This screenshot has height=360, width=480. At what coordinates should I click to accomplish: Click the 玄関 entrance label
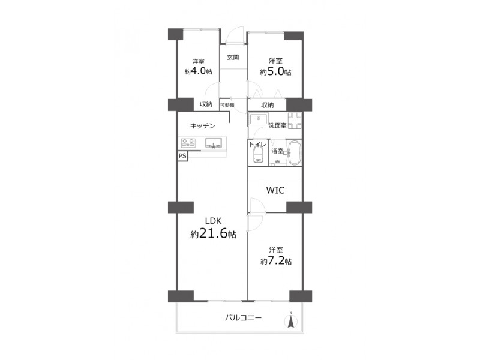pos(233,57)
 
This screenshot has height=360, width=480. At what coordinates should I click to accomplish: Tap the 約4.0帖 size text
pos(199,71)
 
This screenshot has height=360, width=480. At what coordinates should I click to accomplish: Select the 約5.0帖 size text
pos(275,72)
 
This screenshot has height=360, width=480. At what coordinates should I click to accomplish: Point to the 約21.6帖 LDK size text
pos(214,234)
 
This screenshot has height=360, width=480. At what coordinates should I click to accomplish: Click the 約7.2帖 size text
pos(276,261)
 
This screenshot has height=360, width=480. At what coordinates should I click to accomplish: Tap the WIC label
pos(275,190)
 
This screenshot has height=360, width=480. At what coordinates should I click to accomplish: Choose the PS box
pos(182,156)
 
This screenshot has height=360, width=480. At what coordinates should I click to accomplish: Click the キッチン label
pos(203,125)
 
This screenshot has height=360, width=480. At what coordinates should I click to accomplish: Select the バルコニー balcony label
pos(244,318)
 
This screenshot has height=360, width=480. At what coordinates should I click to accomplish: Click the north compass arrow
pos(291,320)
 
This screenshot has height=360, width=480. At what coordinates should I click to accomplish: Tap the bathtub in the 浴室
pos(294,153)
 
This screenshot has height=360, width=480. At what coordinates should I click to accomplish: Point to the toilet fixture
pos(259,155)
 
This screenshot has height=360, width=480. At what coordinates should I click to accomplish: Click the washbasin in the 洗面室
pos(259,119)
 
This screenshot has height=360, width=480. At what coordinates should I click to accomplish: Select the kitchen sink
pos(214,143)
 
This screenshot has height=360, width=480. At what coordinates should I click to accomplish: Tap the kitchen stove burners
pos(188,143)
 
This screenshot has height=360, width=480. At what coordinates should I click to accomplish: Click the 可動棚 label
pos(227,105)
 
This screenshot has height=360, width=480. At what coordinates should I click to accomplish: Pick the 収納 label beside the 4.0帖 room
pos(206,104)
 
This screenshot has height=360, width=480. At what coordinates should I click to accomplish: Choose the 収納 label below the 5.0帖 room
pos(267,105)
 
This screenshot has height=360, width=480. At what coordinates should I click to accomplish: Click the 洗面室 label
pos(277,125)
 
